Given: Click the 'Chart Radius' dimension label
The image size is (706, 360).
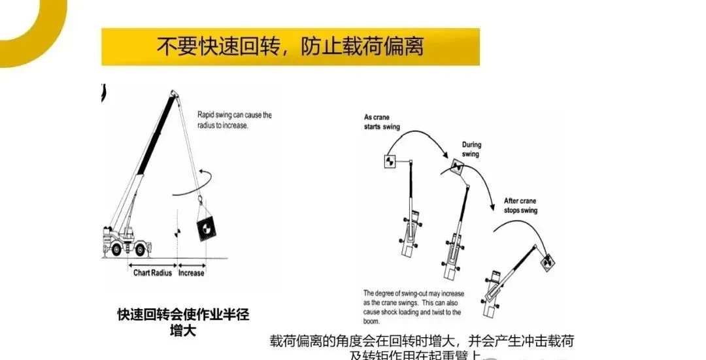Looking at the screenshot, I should pos(152,272).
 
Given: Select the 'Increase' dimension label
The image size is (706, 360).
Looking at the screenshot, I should pos(191,272).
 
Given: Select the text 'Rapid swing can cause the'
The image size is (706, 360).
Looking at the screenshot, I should pos(234,115).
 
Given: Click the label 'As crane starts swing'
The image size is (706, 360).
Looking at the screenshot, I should pos(382,122).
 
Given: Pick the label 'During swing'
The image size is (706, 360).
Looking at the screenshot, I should pos(471,150).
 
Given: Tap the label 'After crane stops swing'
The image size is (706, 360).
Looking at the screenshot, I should pos(520,206).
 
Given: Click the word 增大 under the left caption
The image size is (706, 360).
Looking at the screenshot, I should pos(183,330).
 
